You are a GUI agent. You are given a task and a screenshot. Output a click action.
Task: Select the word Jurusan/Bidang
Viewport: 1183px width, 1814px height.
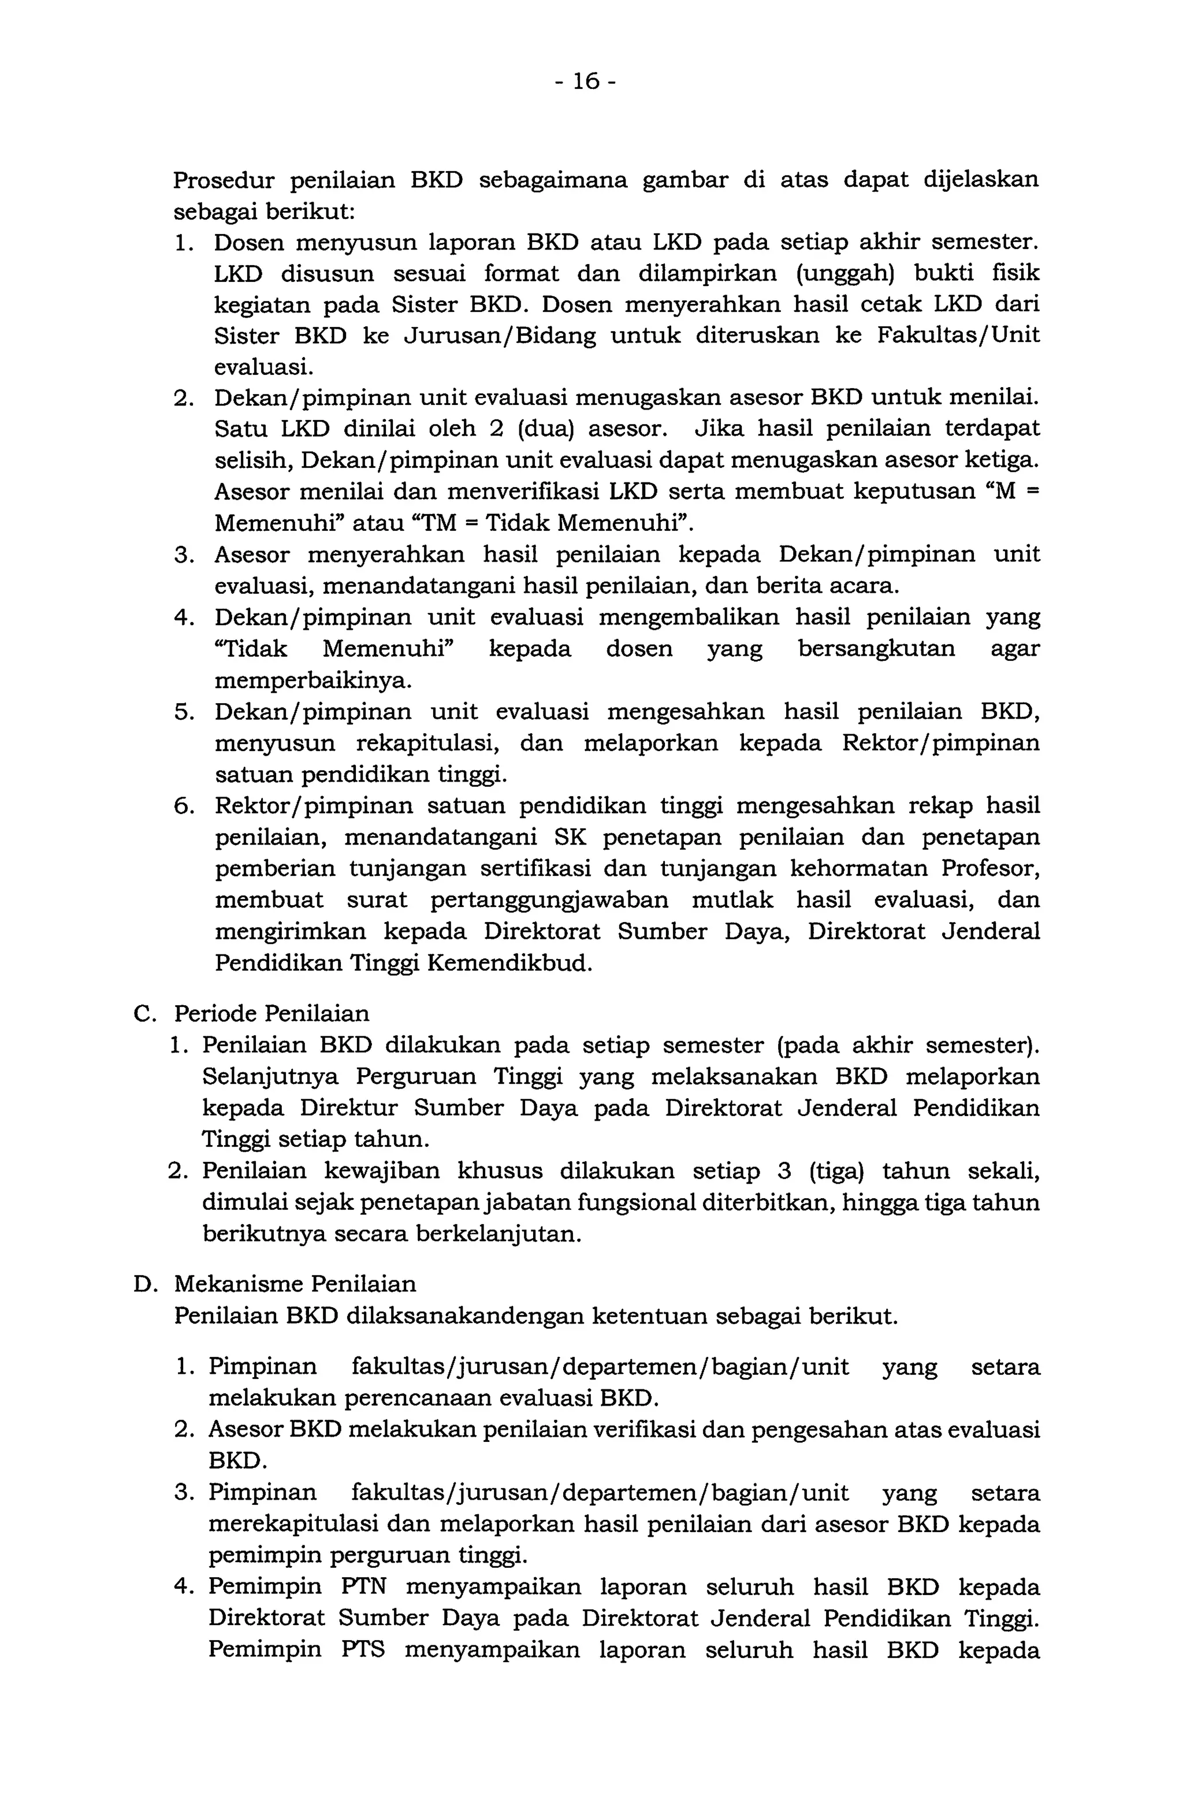(x=499, y=336)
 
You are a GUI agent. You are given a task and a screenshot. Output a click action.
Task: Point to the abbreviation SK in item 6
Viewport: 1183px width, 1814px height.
(x=568, y=838)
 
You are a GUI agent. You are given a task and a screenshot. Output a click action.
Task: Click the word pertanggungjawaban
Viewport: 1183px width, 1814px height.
(x=549, y=900)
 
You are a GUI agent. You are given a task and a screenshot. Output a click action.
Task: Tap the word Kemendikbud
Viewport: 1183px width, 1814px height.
(x=509, y=964)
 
